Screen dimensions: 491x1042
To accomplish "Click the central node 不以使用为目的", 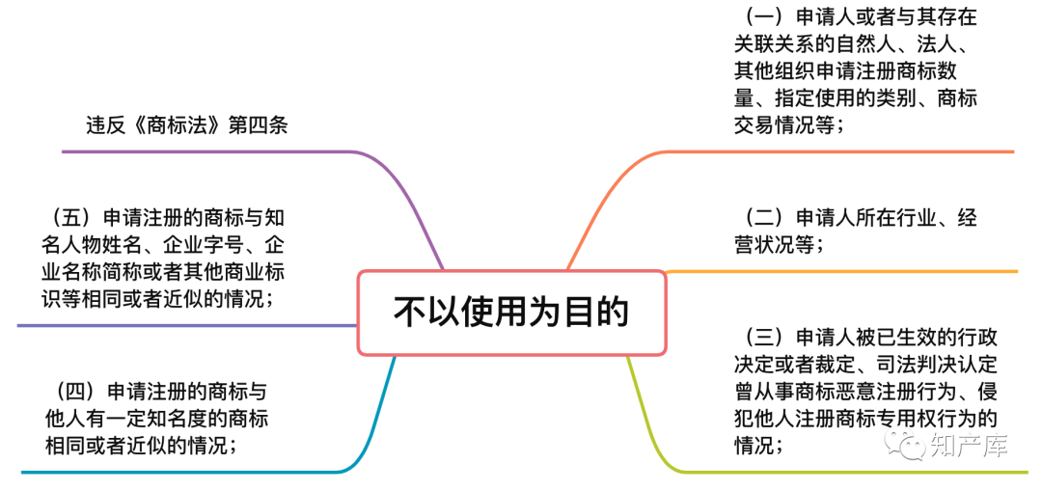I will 511,313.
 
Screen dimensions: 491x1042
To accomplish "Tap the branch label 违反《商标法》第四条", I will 187,125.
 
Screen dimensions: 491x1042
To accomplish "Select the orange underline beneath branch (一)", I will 839,151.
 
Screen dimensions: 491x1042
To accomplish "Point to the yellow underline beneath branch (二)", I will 839,272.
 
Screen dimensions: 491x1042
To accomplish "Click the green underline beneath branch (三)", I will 839,472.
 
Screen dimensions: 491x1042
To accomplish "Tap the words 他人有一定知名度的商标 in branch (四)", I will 157,420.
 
